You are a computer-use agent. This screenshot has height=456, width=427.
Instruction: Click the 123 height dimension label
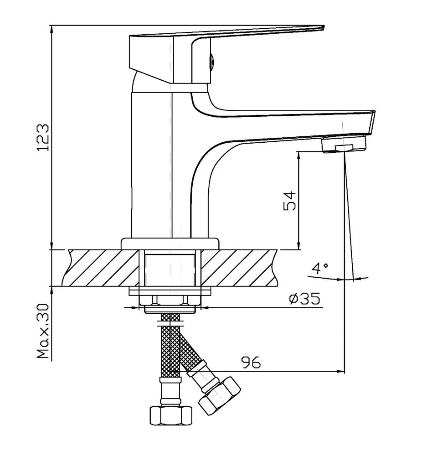(42, 137)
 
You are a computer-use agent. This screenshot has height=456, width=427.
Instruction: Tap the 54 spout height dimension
(290, 200)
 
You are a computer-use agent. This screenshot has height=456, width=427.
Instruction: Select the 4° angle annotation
(320, 268)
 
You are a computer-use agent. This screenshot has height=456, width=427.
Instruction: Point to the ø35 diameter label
(304, 299)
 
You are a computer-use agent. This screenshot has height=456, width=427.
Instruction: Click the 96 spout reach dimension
(251, 363)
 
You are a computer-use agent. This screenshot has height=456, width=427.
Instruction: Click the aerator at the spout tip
(344, 146)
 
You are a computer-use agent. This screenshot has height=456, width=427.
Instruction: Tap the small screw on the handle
(211, 60)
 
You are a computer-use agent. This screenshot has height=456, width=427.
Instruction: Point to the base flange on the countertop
(170, 244)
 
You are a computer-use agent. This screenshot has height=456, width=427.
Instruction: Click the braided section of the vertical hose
(170, 347)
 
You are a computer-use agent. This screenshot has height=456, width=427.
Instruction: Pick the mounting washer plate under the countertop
(170, 291)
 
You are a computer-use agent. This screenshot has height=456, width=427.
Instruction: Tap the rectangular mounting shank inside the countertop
(170, 269)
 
